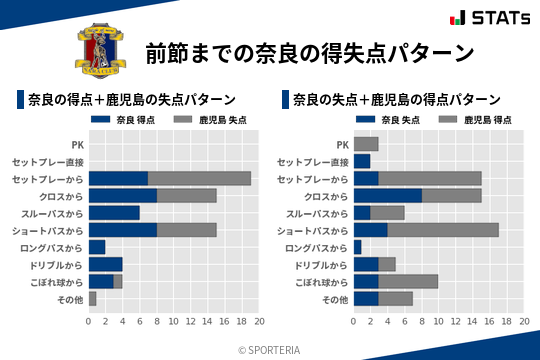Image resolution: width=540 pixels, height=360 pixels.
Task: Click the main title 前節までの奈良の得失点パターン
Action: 309,52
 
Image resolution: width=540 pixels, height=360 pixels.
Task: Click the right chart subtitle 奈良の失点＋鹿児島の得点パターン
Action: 397,100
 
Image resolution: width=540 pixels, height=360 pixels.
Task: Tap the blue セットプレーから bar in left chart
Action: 118,178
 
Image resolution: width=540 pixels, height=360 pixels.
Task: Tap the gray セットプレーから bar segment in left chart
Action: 199,178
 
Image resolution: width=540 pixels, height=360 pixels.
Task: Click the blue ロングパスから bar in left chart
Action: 97,247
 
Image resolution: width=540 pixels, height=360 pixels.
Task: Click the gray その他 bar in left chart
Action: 92,299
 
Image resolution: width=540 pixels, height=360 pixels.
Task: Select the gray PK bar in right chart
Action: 366,144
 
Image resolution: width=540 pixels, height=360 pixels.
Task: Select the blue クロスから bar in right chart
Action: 388,195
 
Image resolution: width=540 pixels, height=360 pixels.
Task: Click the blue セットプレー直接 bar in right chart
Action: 362,161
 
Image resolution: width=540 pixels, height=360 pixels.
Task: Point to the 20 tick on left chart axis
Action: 259,321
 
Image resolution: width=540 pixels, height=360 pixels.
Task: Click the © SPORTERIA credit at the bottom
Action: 270,349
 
